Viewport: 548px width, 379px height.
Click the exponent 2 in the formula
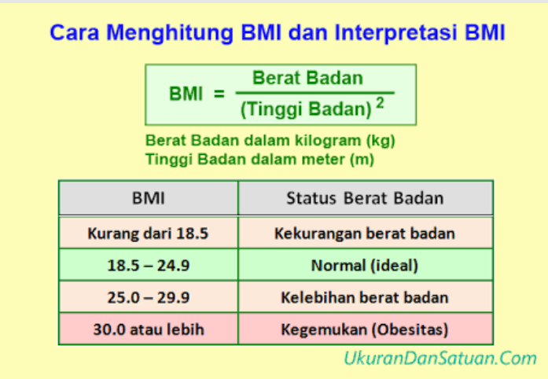(x=380, y=104)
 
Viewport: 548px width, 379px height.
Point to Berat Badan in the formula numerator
(x=307, y=79)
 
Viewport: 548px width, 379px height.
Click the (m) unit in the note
(x=362, y=159)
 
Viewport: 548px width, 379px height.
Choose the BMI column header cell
(x=149, y=197)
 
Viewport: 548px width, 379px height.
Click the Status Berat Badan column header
(x=365, y=197)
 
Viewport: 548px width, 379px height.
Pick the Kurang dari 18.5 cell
(x=149, y=234)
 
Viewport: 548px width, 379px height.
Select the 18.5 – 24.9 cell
(x=149, y=266)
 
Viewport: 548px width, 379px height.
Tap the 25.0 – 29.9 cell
(x=149, y=298)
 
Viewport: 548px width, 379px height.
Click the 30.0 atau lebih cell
(x=149, y=329)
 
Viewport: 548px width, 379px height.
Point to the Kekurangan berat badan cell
(x=365, y=234)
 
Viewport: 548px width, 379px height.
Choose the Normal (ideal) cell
(x=365, y=266)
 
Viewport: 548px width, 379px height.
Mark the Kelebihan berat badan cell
(x=365, y=298)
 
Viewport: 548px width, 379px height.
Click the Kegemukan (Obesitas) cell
(x=365, y=329)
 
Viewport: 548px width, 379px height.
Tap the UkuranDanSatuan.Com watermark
(x=440, y=359)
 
